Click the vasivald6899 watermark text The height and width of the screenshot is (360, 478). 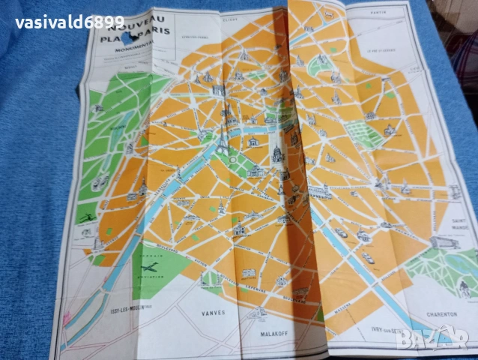70,22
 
